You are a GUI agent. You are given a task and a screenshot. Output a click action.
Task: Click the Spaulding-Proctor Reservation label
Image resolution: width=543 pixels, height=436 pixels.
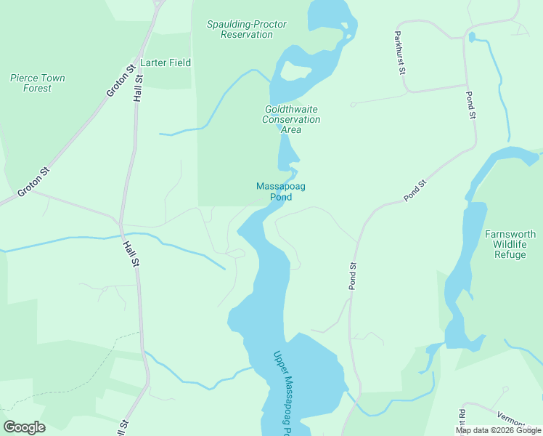pyautogui.click(x=247, y=29)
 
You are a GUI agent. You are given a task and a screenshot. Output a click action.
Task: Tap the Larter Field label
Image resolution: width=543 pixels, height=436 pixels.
pyautogui.click(x=166, y=62)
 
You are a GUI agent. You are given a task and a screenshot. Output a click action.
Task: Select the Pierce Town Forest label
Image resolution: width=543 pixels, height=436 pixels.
pyautogui.click(x=38, y=83)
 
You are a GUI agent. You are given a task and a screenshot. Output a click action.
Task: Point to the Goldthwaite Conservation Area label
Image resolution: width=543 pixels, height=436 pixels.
pyautogui.click(x=291, y=119)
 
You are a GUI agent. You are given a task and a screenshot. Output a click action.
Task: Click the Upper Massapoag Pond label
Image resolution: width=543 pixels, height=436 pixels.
pyautogui.click(x=282, y=392)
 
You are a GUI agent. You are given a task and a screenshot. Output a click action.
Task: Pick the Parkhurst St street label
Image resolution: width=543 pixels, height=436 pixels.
pyautogui.click(x=399, y=52)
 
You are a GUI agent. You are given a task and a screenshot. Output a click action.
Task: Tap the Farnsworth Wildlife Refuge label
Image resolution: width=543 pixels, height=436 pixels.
pyautogui.click(x=510, y=244)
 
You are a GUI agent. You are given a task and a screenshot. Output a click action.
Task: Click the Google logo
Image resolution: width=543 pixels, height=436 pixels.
pyautogui.click(x=24, y=427)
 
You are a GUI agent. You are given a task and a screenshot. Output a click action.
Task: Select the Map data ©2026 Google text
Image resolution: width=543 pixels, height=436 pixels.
pyautogui.click(x=498, y=430)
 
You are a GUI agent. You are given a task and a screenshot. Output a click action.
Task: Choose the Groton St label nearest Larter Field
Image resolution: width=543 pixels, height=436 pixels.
pyautogui.click(x=121, y=81)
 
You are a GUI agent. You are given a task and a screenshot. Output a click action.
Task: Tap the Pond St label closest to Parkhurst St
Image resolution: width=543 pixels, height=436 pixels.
pyautogui.click(x=470, y=105)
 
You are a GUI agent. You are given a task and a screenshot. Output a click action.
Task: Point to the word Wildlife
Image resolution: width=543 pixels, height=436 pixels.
pyautogui.click(x=510, y=244)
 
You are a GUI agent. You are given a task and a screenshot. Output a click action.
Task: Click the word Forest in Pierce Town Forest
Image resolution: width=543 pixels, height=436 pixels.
pyautogui.click(x=37, y=88)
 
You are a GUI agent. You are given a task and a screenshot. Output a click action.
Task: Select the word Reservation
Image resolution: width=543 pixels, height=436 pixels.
pyautogui.click(x=247, y=34)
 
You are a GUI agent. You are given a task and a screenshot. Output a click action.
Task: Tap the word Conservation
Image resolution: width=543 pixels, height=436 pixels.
pyautogui.click(x=291, y=119)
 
